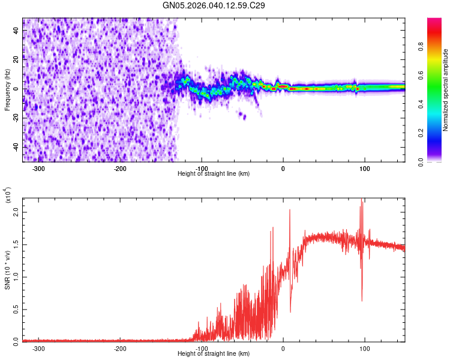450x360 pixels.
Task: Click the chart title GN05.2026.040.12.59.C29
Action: pos(214,5)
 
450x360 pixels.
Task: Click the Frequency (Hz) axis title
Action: pos(7,90)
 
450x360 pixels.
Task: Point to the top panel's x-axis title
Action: pos(214,173)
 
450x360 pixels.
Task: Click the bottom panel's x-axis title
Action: pos(214,353)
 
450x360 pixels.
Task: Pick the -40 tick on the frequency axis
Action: pos(15,147)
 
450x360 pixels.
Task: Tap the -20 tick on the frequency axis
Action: pos(15,118)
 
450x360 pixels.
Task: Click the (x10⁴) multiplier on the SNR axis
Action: pos(8,196)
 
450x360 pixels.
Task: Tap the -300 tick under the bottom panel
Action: pos(38,348)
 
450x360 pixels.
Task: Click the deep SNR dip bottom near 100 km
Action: pos(362,301)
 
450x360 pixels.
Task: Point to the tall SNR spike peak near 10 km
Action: pos(289,209)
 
